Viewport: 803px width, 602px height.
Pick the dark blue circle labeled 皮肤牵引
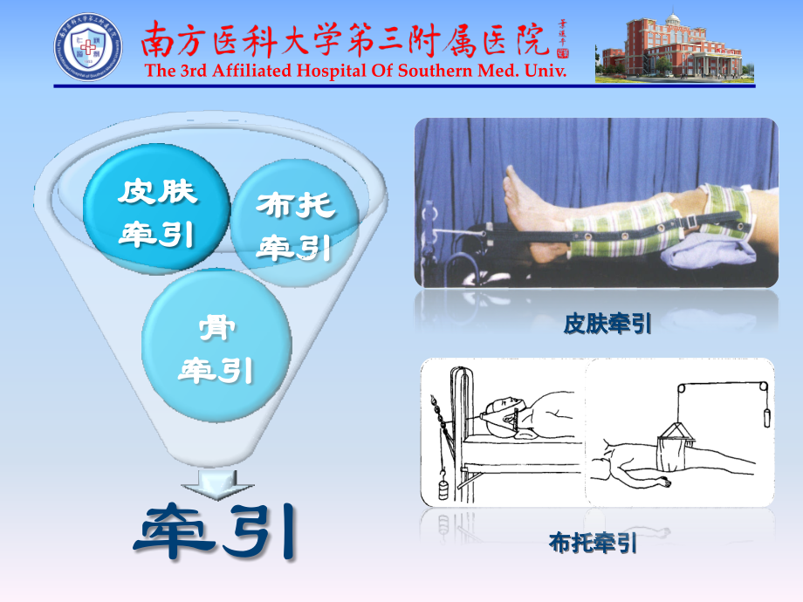pos(156,213)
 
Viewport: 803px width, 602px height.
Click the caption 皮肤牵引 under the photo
pos(607,325)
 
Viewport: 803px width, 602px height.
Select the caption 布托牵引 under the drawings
pos(593,544)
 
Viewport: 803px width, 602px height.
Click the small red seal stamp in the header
pos(562,53)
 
